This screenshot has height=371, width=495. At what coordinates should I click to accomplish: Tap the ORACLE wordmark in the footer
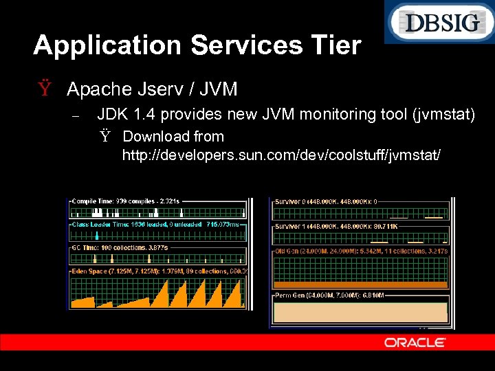[415, 342]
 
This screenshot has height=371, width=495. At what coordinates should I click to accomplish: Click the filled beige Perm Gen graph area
[360, 313]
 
